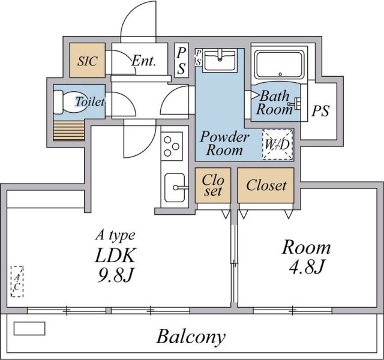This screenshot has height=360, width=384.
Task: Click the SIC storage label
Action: click(88, 61)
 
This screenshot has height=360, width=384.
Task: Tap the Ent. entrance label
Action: click(144, 61)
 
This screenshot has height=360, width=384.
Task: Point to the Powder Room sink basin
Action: click(220, 59)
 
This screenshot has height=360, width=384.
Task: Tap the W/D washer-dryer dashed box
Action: click(277, 145)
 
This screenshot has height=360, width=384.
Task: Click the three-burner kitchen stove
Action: click(172, 146)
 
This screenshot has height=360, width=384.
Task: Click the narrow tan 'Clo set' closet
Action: click(213, 185)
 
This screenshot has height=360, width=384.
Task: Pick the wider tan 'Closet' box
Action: click(266, 185)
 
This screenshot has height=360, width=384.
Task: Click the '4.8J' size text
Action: click(307, 267)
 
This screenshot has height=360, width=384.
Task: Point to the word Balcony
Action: click(191, 337)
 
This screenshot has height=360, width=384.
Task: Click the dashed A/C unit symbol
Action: click(17, 281)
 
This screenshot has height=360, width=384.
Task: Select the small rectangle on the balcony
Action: click(29, 328)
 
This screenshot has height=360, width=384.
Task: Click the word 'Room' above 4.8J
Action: click(307, 247)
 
